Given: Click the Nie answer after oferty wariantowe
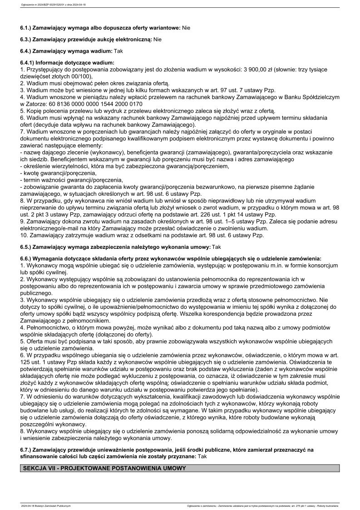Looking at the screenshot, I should (x=186, y=28).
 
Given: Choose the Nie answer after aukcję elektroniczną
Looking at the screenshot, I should (x=158, y=40).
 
